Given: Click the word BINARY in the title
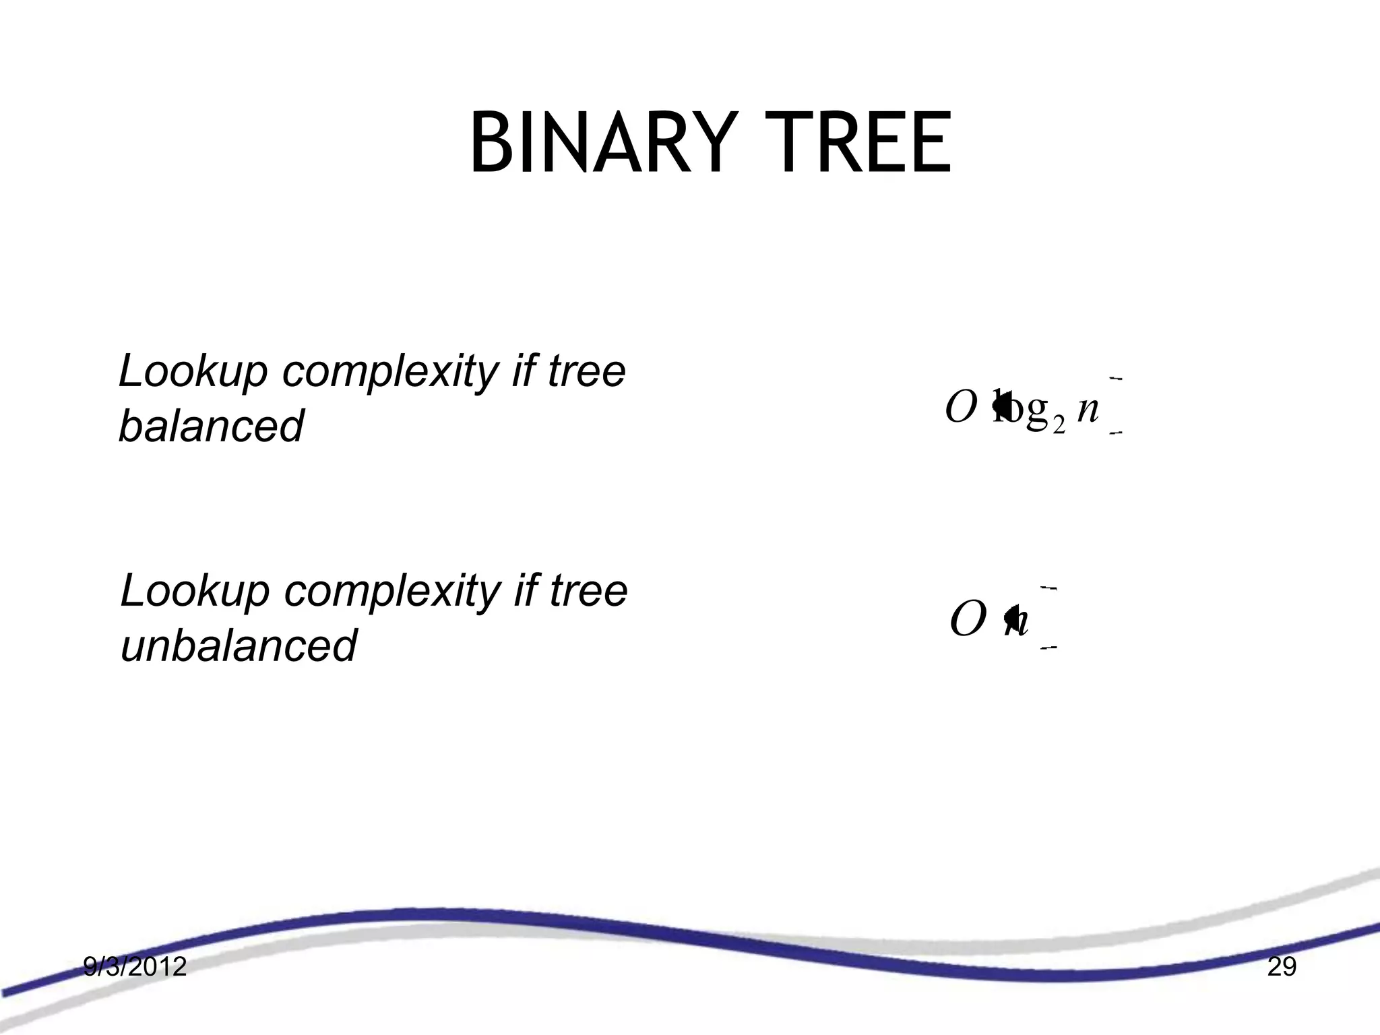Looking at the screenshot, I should point(600,144).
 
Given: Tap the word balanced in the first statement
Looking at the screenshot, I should point(211,426).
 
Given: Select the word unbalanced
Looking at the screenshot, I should point(238,645).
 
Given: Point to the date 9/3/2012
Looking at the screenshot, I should point(135,967).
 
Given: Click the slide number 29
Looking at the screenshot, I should point(1282,967).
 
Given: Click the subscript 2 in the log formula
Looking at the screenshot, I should point(1058,425).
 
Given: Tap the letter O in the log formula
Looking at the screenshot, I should point(961,408).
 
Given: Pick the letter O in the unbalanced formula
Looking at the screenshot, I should point(968,620).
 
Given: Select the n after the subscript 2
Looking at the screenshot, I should point(1088,408).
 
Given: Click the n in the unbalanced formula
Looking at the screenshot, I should point(1019,621).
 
